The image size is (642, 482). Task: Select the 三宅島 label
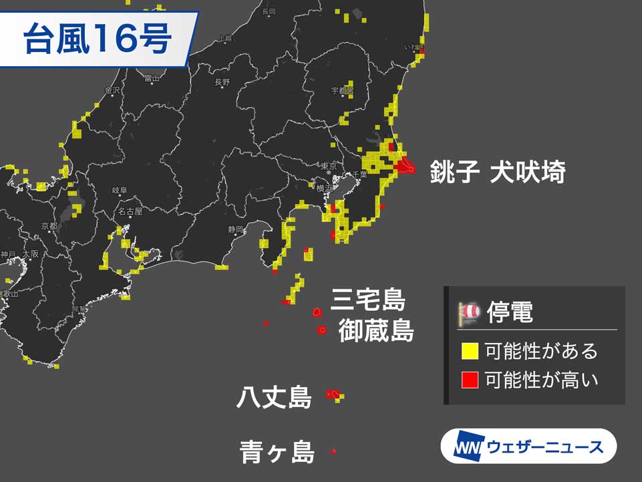367,300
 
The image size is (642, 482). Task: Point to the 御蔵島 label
375,331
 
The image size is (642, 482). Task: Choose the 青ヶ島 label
277,453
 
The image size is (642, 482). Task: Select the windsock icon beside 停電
470,312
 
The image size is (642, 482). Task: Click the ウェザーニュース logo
528,446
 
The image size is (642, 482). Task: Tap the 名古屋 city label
130,211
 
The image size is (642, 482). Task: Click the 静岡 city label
235,229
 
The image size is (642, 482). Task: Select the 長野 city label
222,82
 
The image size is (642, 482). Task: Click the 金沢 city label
112,90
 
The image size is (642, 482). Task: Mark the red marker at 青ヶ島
333,453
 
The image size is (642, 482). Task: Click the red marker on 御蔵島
322,330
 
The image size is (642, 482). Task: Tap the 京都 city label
49,227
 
